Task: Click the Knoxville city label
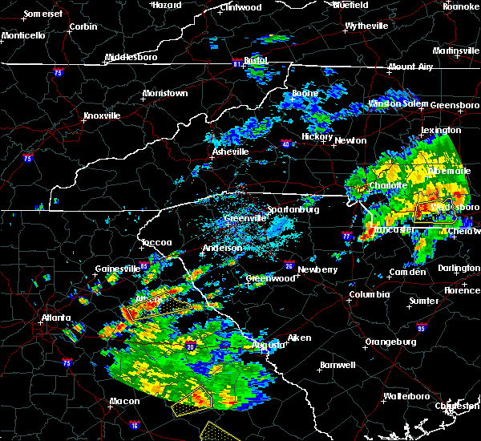coord(101,115)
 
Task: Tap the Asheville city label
coord(230,152)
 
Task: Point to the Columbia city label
coord(369,294)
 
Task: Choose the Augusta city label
coord(267,345)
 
